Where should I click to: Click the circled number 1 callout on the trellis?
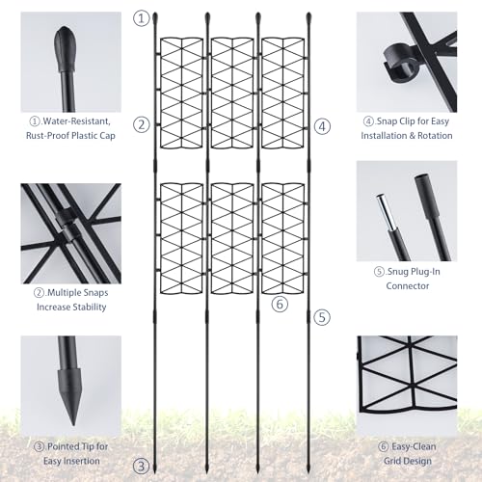click(x=143, y=17)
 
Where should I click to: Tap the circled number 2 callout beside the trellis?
click(x=143, y=124)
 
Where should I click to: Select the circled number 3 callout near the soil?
click(x=142, y=466)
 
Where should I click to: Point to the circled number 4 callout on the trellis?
click(x=322, y=125)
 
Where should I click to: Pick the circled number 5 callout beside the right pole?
click(x=322, y=316)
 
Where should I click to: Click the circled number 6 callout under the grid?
click(x=280, y=305)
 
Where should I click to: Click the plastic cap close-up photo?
click(x=71, y=63)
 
